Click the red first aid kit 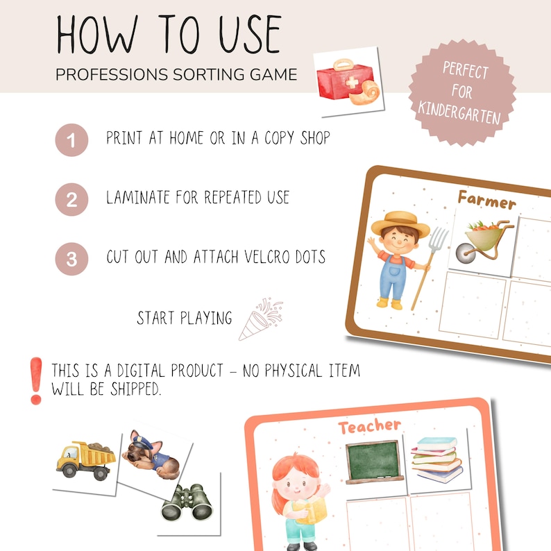(x=344, y=80)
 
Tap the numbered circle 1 (x=71, y=140)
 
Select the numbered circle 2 (x=71, y=199)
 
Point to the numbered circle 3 (x=71, y=259)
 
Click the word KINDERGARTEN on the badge (x=459, y=112)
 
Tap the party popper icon (x=261, y=319)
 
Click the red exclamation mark (x=36, y=381)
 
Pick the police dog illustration (x=151, y=455)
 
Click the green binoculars (x=187, y=503)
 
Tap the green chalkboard (x=374, y=461)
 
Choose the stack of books (x=436, y=459)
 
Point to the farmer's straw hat (x=400, y=223)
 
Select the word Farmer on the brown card (x=486, y=200)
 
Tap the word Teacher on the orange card (x=369, y=426)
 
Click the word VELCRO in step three (x=268, y=257)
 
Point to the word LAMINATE (x=138, y=197)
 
